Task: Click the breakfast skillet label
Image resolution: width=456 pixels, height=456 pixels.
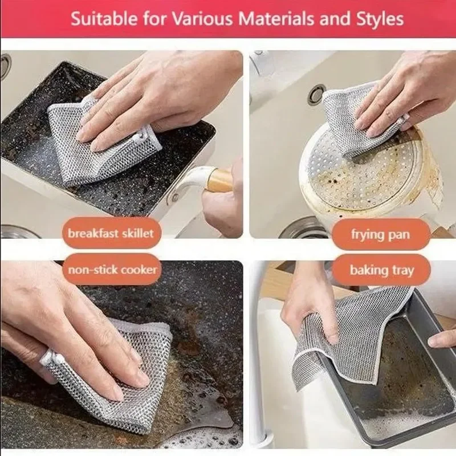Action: click(111, 233)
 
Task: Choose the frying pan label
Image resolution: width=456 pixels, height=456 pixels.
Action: click(381, 234)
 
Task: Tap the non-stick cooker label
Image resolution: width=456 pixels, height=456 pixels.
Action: click(112, 268)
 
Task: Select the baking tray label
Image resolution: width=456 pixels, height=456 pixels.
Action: click(381, 270)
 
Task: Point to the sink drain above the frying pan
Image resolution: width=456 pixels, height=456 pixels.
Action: click(317, 94)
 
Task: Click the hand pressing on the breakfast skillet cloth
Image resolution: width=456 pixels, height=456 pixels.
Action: click(154, 97)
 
